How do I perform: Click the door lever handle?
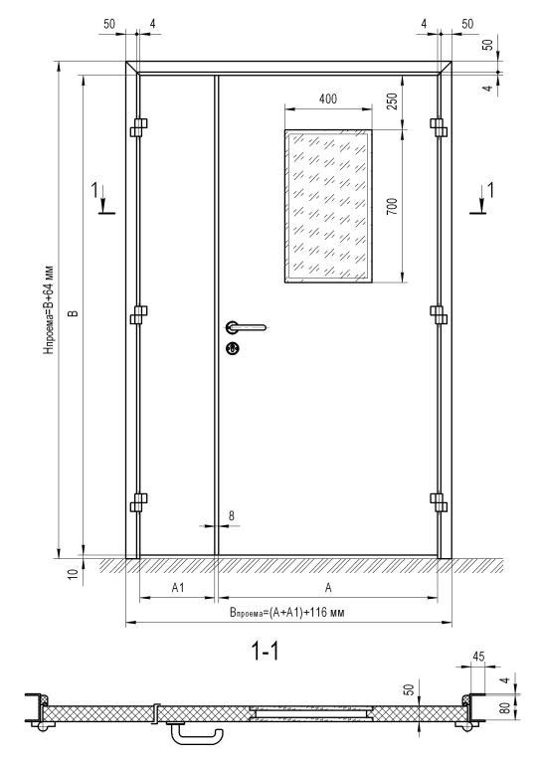246,327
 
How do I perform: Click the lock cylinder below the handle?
233,348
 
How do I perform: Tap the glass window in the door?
328,206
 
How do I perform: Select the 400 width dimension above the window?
328,98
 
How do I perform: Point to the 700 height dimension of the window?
392,207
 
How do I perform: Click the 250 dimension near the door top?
392,100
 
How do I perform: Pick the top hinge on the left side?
139,127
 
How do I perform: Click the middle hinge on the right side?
439,314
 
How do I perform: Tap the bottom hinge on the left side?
139,502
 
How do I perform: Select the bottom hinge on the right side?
439,502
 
